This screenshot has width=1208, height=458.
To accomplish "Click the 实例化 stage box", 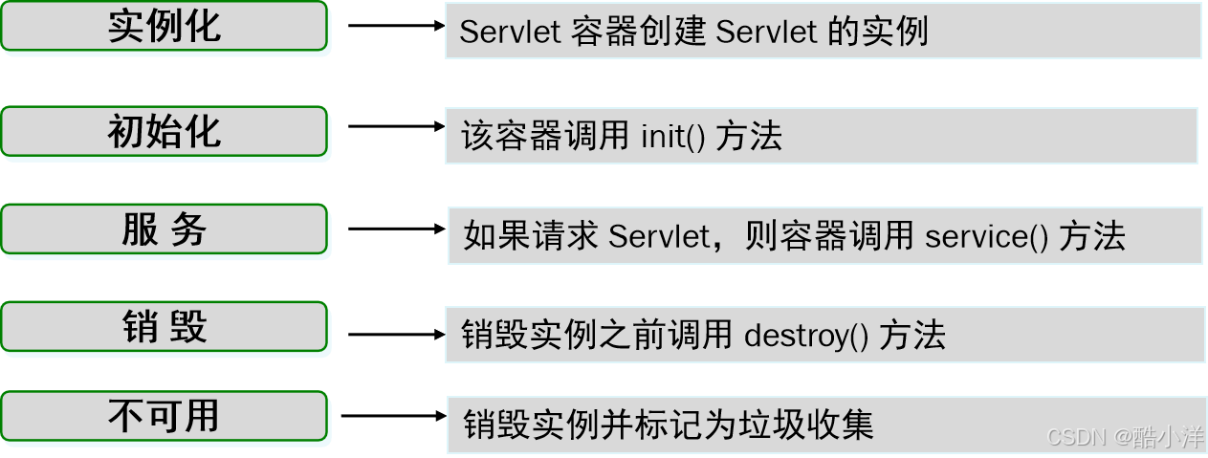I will coord(165,28).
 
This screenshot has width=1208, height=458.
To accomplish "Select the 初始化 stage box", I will coord(165,131).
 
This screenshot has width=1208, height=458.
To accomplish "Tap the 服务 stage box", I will coord(165,230).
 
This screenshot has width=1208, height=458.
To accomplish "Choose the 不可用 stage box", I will coord(165,417).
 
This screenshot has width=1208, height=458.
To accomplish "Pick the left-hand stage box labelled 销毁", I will coord(165,327).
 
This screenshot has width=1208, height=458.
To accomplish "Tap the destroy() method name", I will coord(805,335).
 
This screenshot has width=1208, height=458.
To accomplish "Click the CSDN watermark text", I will coord(1076,438).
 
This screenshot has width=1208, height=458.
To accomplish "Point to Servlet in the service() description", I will coord(654,235).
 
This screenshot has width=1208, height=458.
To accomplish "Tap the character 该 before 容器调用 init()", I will coord(476,137).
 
